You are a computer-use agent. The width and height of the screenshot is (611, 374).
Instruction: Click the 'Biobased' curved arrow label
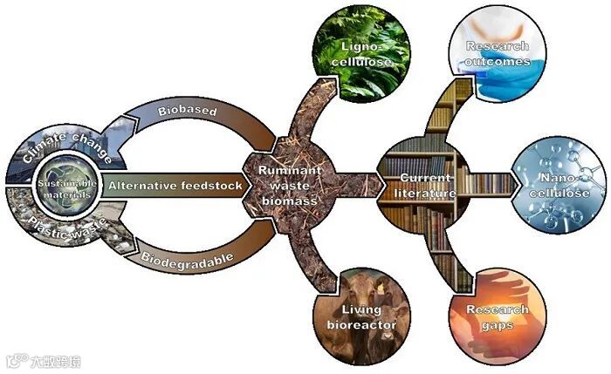pyautogui.click(x=182, y=112)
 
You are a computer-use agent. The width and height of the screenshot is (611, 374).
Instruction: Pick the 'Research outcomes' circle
pyautogui.click(x=498, y=52)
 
